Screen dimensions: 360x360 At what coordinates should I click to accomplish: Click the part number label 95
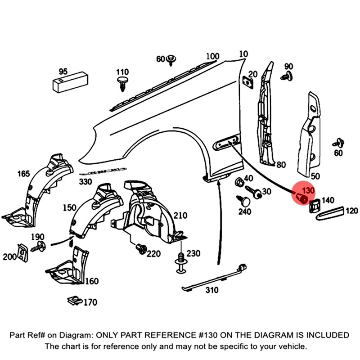pos(63,72)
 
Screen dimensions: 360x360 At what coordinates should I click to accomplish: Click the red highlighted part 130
pos(303,198)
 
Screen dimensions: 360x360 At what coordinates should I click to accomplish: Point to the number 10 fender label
pos(243,54)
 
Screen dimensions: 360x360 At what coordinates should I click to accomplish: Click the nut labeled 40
pos(240,182)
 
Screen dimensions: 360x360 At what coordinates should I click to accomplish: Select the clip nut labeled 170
pos(72,300)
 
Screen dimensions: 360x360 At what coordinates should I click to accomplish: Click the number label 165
pos(23,174)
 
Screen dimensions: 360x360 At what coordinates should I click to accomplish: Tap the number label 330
pos(85,182)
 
